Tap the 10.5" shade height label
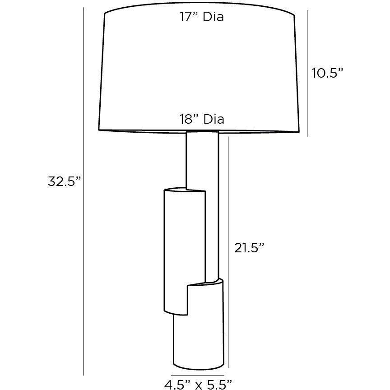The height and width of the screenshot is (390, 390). [327, 73]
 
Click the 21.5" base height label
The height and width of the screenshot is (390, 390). [249, 247]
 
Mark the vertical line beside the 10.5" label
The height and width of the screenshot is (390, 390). [307, 72]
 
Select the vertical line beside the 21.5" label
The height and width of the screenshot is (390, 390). [230, 253]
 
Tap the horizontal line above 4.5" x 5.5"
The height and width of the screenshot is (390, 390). [198, 375]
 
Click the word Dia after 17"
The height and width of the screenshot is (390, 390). [213, 18]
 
